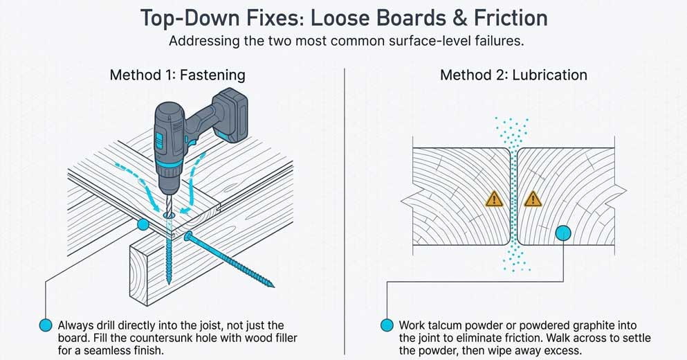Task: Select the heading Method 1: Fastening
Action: point(177,75)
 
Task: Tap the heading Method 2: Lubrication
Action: point(513,75)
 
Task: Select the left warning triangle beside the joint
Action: point(493,199)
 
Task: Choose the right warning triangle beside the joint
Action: point(532,199)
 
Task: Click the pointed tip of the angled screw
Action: point(271,284)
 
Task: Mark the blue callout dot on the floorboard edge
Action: point(143,224)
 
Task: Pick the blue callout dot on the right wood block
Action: point(563,233)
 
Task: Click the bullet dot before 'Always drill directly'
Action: point(46,325)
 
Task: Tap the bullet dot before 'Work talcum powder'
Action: point(387,325)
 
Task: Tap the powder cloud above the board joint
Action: point(513,132)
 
